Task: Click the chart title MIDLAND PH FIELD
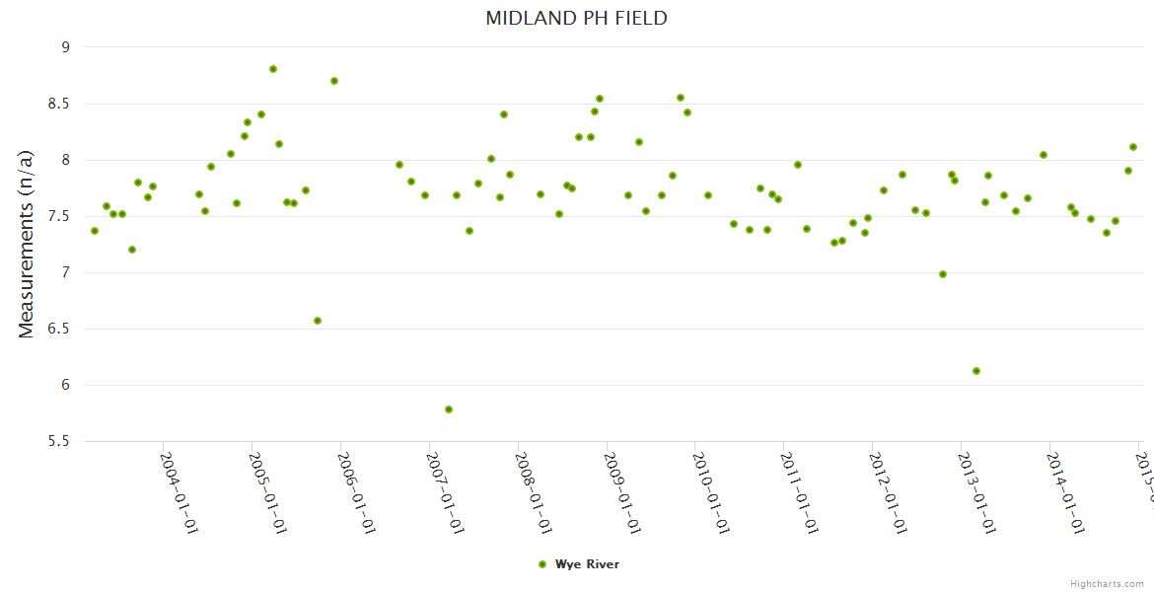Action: pos(576,18)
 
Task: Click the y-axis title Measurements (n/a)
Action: pos(27,244)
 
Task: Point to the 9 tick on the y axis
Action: pos(65,47)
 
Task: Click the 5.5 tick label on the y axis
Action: pos(59,441)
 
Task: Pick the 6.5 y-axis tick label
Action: pos(59,329)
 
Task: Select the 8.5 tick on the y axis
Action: pos(59,104)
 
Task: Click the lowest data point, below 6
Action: pos(449,409)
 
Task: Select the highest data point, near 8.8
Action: pos(273,69)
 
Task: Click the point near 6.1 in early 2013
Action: pos(976,371)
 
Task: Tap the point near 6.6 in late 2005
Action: pos(318,321)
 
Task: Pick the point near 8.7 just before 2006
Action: pos(334,81)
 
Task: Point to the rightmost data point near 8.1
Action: pos(1133,147)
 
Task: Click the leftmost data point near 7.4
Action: pos(95,231)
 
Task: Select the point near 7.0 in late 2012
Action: pos(943,274)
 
